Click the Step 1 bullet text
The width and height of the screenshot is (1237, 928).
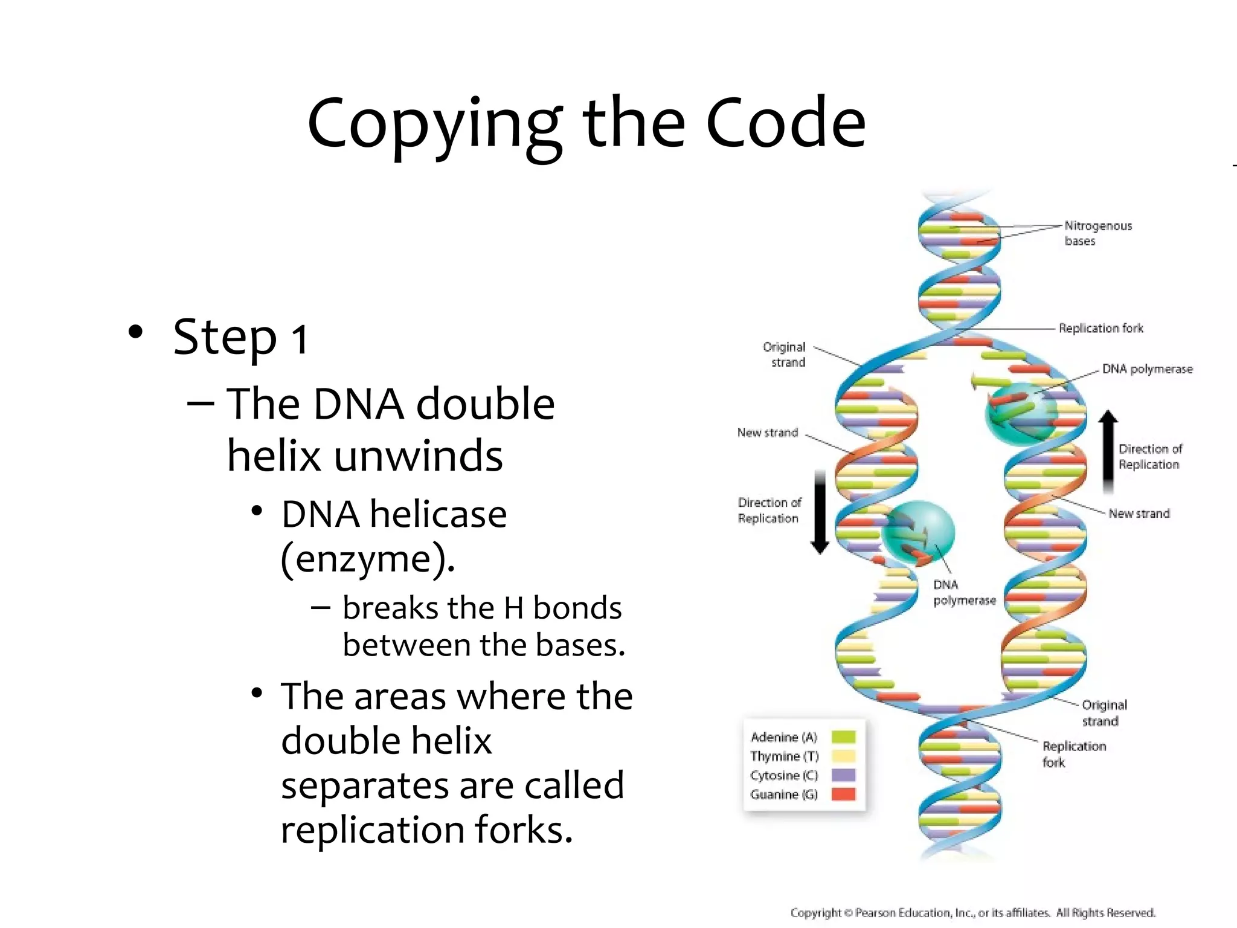tap(240, 337)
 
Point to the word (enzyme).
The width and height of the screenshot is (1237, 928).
tap(368, 559)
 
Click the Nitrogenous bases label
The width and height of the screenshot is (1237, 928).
tap(1097, 233)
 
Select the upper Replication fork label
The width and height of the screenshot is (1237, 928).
tap(1100, 328)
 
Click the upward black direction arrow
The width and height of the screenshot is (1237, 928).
tap(1108, 450)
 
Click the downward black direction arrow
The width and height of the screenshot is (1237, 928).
tap(820, 511)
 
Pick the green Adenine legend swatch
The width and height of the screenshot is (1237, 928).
tap(843, 737)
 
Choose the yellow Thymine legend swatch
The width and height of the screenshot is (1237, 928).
tap(843, 756)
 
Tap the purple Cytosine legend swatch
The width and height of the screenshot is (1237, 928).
tap(843, 775)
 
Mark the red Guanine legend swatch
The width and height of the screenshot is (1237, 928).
tap(843, 794)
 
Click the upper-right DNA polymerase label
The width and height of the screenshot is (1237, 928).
tap(1147, 369)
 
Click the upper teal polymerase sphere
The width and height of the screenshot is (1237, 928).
tap(1021, 414)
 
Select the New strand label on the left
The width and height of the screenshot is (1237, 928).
tap(767, 433)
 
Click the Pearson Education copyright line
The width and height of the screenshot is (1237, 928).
tap(972, 912)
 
